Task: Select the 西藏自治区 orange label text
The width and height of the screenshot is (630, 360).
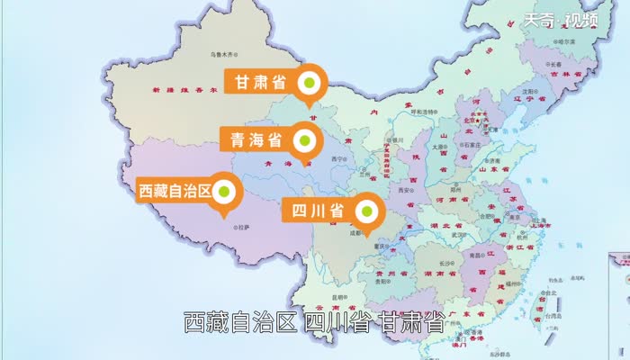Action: [x=174, y=191]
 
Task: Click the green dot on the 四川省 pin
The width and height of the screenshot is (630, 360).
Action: [x=367, y=211]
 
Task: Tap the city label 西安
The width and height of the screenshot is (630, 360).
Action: [x=408, y=191]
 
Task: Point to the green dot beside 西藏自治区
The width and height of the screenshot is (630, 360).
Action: [x=225, y=191]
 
